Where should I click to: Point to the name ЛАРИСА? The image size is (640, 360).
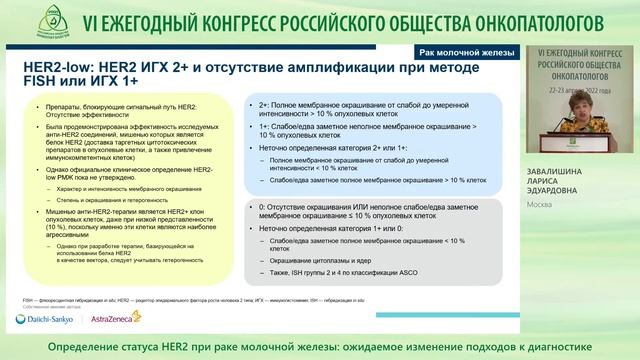click(x=548, y=182)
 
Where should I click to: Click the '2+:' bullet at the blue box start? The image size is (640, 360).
click(x=266, y=104)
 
